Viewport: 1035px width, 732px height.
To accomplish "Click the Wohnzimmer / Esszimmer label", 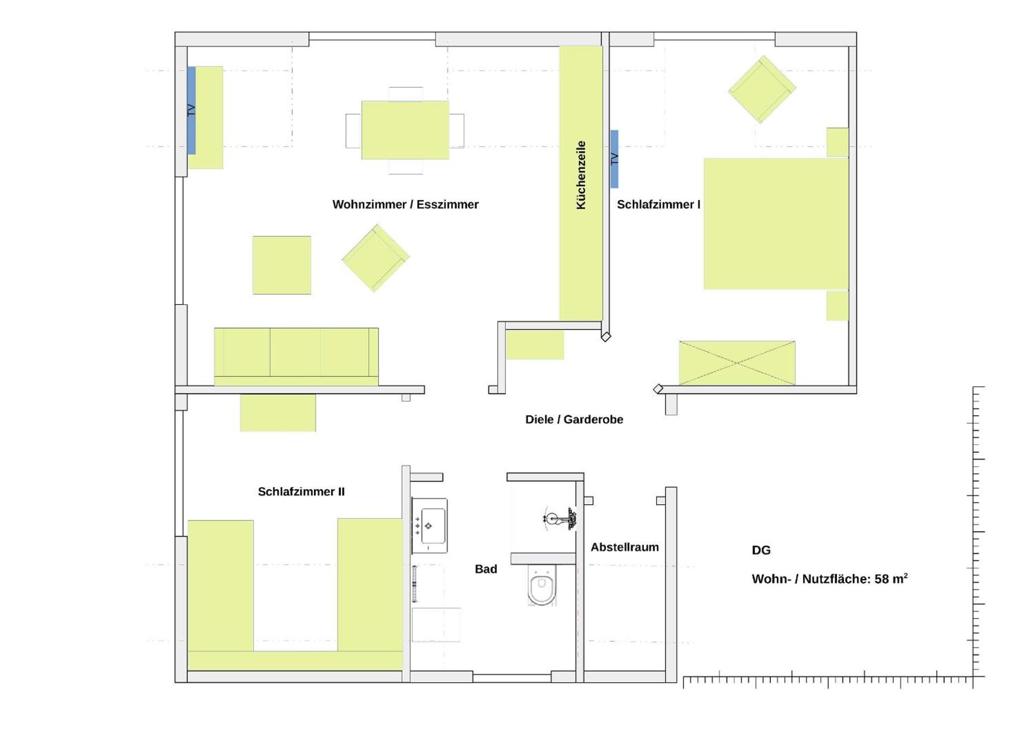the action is tap(405, 204).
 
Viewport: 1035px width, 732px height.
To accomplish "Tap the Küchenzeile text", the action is tap(581, 175).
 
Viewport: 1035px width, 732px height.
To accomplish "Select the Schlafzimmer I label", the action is tap(659, 204).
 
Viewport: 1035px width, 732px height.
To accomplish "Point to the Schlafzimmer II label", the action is tap(301, 492).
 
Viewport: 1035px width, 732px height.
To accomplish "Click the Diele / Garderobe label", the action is tap(574, 420).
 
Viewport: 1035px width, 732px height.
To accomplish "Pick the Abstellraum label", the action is tap(625, 547).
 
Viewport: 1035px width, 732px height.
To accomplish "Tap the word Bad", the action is tap(486, 569).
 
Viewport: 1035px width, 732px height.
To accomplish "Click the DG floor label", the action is tap(761, 550).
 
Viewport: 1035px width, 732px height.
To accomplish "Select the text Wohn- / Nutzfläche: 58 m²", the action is tap(830, 579).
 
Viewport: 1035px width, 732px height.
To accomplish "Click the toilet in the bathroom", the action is tap(542, 585).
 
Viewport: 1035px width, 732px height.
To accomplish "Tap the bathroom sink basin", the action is tap(430, 525).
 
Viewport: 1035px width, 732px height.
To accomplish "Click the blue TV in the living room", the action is tap(192, 110).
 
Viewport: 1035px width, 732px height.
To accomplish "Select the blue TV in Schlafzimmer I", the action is tap(614, 159).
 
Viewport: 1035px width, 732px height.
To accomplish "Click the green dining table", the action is tap(405, 130).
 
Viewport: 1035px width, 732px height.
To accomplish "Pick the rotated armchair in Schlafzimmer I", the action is tap(762, 89).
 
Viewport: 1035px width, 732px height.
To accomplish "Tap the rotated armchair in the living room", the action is tap(375, 258).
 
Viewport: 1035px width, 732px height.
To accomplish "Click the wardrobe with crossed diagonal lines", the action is tap(737, 363).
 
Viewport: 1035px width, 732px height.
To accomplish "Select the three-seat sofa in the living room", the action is tap(296, 357).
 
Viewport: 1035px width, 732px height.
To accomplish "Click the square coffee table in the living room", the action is tap(282, 265).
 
